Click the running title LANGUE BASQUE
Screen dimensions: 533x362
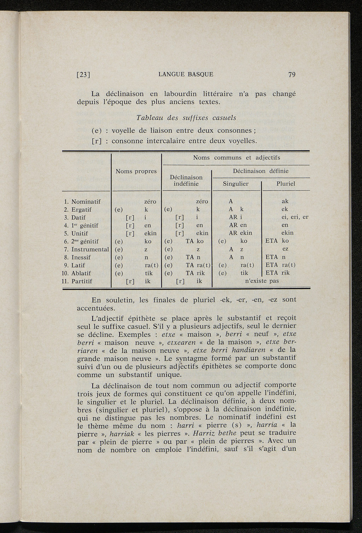tap(186, 75)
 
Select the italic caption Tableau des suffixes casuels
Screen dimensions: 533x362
tap(186, 117)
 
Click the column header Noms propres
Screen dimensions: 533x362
tap(136, 171)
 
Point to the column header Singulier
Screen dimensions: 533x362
tap(235, 184)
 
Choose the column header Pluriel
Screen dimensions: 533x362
tap(286, 184)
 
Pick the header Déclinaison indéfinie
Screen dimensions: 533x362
tap(186, 180)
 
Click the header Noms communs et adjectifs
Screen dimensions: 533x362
tap(236, 158)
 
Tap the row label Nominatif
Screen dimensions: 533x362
tap(86, 202)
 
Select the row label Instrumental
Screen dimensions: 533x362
tap(90, 249)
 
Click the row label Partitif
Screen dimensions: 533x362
tap(82, 282)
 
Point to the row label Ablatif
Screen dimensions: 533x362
tap(81, 273)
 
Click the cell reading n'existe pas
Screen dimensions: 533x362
tap(262, 282)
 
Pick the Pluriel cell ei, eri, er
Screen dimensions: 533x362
tap(292, 218)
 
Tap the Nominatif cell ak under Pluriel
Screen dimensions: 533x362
tap(285, 202)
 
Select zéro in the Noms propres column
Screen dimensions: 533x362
tap(151, 202)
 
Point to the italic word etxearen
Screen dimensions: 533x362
tap(181, 342)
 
